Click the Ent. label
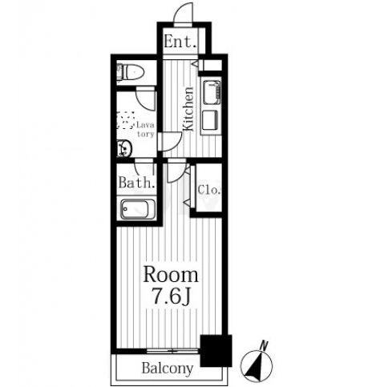180,42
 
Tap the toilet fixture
131,72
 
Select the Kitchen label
188,109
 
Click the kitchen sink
212,92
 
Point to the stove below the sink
210,120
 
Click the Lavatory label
145,129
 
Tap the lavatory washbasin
124,147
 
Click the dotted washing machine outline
126,120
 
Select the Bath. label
136,183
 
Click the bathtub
138,209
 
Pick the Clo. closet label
209,190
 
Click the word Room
171,275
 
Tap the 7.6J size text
171,296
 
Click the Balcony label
168,369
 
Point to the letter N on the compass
265,345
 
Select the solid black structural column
216,350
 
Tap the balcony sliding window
172,351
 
